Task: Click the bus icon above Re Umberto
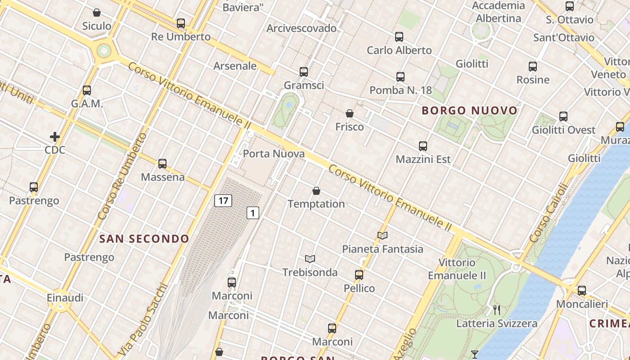181,23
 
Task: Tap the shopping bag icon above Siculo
97,13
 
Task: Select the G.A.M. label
87,104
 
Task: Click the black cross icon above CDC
55,136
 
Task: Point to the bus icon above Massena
162,164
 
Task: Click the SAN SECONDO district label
144,239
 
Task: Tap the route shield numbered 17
223,200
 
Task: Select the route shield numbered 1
253,213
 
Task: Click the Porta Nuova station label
274,154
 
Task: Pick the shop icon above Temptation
316,191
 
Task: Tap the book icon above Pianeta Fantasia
382,235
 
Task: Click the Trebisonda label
310,272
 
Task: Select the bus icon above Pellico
359,274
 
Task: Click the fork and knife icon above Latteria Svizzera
497,310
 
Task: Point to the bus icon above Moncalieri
582,291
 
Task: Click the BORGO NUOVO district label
469,111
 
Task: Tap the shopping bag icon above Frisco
350,113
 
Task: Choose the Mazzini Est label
423,159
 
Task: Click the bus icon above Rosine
533,67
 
